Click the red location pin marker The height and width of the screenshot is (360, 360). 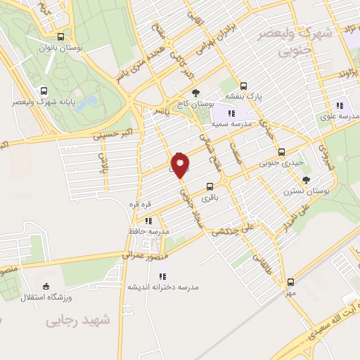coord(181,167)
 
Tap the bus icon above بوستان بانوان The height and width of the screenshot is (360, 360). coord(60,37)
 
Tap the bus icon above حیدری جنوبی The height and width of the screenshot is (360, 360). coord(281,152)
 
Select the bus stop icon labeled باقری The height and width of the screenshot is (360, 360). coord(210,186)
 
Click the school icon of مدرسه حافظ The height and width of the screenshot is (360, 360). coord(148,221)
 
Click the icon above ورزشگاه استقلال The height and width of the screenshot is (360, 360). coord(46,286)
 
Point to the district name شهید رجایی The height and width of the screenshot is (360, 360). coord(79,320)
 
